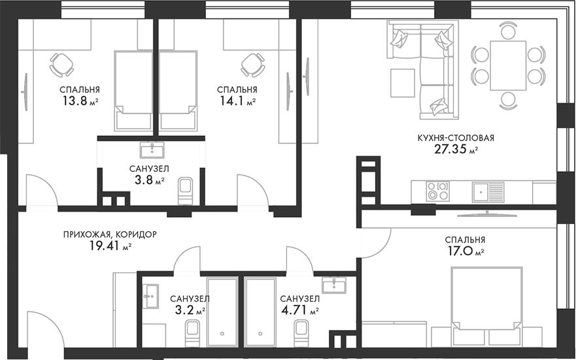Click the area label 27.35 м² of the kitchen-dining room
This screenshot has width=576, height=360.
(456, 150)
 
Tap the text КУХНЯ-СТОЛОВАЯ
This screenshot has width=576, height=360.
(456, 138)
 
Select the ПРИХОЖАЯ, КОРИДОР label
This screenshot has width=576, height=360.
(110, 234)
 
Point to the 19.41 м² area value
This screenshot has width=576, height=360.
(110, 246)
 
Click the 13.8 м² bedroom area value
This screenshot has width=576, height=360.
(80, 101)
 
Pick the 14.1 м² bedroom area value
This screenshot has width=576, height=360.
(237, 101)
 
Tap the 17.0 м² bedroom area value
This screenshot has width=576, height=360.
(465, 252)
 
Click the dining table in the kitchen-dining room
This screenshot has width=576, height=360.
(509, 66)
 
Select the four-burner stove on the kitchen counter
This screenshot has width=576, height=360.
(437, 191)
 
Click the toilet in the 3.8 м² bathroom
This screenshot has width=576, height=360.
(185, 191)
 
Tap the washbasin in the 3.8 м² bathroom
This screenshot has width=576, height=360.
(152, 150)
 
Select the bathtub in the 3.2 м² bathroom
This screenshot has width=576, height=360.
(222, 312)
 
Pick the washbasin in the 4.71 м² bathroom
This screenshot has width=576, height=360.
(333, 284)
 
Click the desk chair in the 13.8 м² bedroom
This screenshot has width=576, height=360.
(61, 65)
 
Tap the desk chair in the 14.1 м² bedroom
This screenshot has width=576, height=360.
(252, 65)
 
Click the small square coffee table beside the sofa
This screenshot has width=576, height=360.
(403, 83)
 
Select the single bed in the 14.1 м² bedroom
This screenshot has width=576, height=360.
(177, 90)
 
